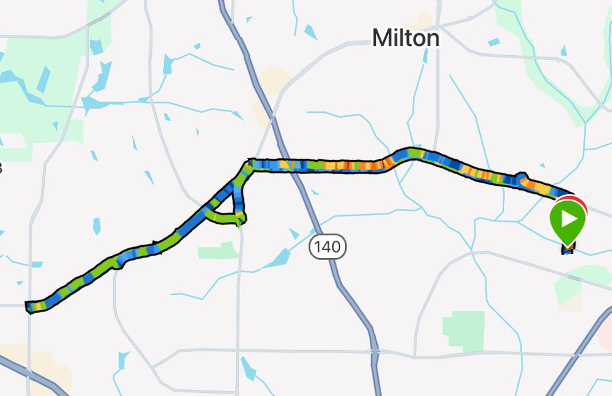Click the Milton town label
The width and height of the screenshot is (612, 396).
coord(405,39)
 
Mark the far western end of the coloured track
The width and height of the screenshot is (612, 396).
coord(29,306)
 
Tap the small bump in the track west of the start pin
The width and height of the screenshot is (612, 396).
coord(521,178)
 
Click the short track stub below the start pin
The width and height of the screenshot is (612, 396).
coord(569,249)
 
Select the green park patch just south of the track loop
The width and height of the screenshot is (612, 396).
coord(217,250)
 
